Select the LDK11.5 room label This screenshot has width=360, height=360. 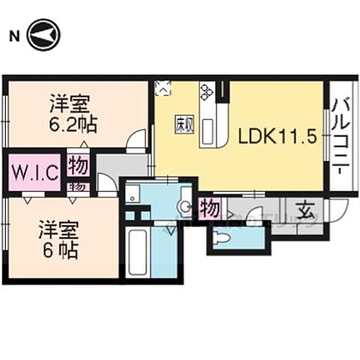pos(274,137)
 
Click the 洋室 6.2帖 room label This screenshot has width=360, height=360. pos(74,110)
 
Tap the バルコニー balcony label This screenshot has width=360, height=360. pos(339,135)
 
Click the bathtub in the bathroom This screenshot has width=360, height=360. pos(137,254)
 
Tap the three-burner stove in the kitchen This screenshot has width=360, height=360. pos(207,94)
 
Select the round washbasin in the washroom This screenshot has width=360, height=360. pos(184,205)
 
